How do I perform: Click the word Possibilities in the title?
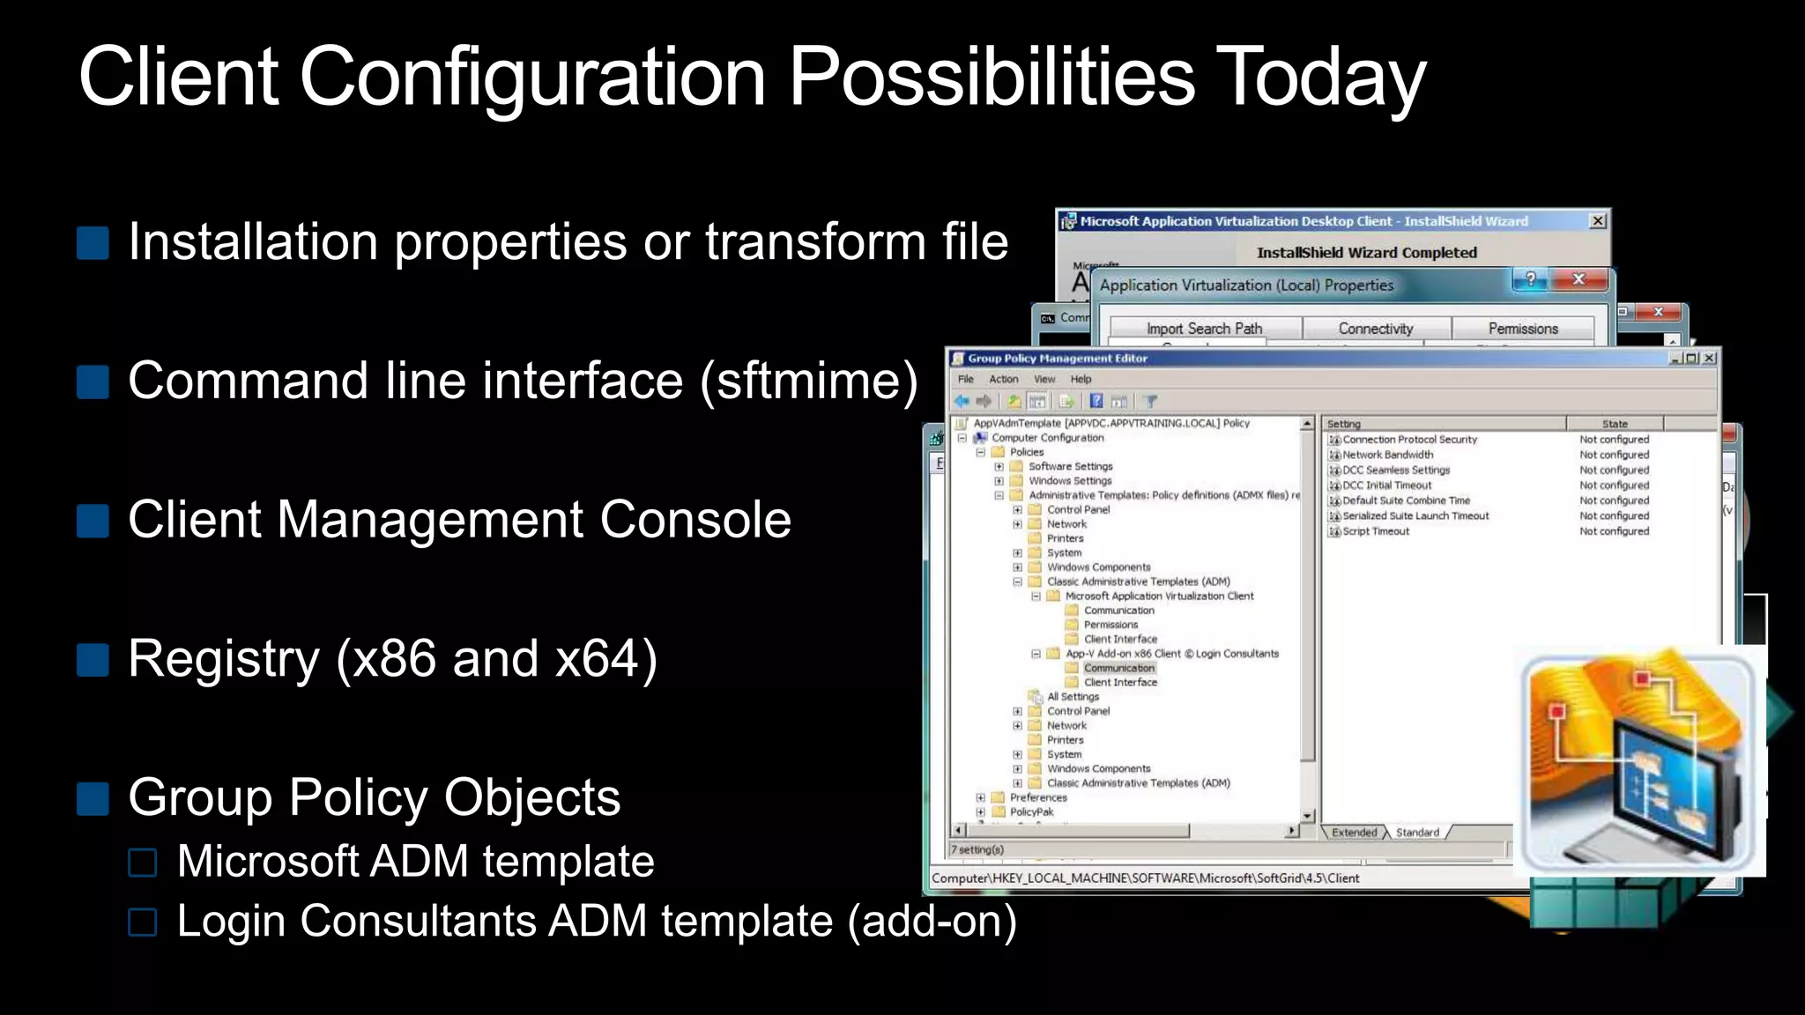(992, 78)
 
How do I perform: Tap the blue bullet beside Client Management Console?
(93, 521)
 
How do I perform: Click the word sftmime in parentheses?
(809, 381)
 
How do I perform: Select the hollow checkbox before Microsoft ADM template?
(142, 863)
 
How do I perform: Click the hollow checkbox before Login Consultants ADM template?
(142, 922)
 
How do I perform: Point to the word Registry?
(223, 659)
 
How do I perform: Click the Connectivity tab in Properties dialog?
(1375, 329)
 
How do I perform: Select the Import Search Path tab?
(1204, 329)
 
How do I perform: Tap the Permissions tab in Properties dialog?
(1523, 329)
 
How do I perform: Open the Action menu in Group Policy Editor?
(1003, 379)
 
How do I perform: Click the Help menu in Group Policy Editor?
(1081, 379)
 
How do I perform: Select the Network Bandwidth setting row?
(1387, 455)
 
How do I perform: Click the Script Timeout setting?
(1376, 531)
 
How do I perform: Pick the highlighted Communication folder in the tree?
(1118, 668)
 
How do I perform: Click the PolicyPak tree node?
(1031, 811)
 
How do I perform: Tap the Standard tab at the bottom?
(1417, 832)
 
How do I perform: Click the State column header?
(1615, 424)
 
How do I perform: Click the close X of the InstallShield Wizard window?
(1598, 221)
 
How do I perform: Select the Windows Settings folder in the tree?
(1070, 481)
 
